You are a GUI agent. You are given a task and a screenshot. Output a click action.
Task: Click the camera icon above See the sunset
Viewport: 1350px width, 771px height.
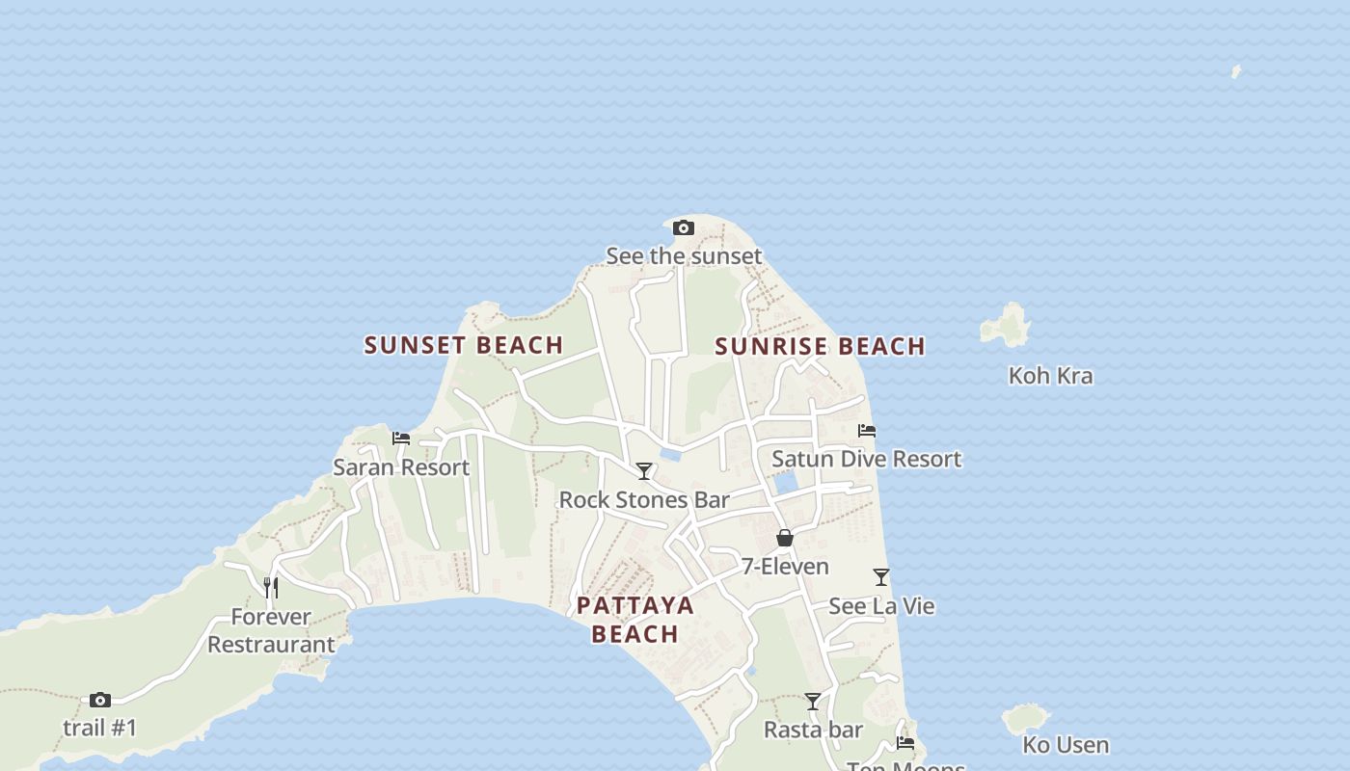click(684, 228)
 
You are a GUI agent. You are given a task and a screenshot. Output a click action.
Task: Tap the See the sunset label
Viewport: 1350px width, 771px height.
click(684, 255)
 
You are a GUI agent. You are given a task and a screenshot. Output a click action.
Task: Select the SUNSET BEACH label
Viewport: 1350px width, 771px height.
click(464, 345)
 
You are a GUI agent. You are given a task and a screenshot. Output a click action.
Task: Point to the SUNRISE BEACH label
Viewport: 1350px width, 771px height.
click(820, 346)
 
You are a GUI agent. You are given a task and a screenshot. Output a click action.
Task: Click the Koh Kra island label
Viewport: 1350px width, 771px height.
click(1050, 375)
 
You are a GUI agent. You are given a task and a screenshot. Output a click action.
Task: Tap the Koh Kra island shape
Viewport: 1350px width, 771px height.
click(1007, 326)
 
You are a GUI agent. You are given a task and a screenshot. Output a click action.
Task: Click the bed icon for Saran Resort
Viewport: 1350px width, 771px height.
click(401, 439)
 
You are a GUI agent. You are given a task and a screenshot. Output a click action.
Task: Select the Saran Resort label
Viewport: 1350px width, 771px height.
click(401, 467)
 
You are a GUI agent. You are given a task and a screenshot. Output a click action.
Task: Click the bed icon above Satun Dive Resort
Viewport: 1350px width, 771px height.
click(867, 431)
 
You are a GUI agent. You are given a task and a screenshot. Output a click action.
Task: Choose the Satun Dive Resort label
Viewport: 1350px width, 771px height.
click(866, 459)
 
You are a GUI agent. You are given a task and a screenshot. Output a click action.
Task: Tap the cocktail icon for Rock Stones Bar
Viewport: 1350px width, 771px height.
click(643, 471)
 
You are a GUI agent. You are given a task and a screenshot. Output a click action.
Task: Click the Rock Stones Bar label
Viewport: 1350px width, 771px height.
click(644, 499)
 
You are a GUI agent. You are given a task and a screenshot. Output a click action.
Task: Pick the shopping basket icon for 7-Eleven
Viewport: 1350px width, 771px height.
click(785, 538)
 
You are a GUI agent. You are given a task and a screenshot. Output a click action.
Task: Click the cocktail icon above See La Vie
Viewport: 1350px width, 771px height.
click(881, 577)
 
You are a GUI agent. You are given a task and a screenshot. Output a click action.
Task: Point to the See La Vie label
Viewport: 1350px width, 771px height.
click(881, 606)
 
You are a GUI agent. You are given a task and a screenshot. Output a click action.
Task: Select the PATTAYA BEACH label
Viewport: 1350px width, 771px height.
click(635, 619)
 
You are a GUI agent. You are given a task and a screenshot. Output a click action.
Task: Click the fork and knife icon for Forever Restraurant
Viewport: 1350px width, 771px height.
click(272, 587)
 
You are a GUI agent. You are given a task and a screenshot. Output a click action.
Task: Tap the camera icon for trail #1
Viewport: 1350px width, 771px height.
click(100, 700)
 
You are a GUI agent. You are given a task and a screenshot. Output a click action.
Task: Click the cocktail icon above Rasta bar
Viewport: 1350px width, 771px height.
click(813, 702)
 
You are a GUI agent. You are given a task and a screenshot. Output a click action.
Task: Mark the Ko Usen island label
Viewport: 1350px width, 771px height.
click(1066, 745)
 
